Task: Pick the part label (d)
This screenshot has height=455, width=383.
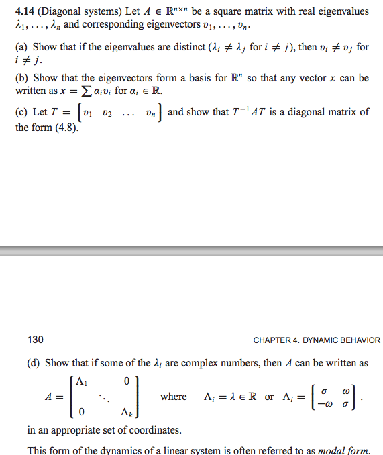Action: click(34, 363)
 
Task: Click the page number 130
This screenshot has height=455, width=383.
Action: click(36, 340)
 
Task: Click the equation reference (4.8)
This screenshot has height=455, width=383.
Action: click(65, 127)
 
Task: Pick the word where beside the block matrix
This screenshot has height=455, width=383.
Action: click(173, 397)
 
